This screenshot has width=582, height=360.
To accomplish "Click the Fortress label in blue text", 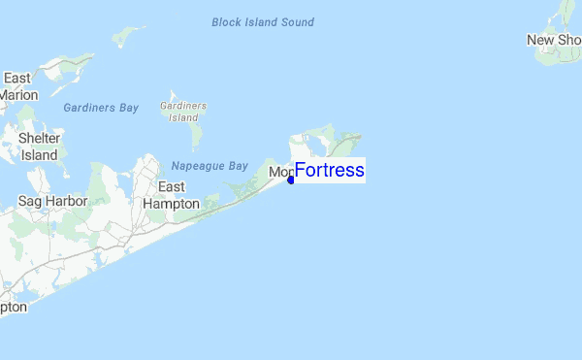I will point(329,171).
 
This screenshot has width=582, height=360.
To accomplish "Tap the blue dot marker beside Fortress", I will point(291,180).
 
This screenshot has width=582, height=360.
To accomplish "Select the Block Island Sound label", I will point(263,22).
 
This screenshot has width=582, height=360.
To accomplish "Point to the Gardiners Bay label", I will point(101,108).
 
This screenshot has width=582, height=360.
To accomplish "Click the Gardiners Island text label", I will point(183,112).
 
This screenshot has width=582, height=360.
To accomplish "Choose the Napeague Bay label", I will point(210,166).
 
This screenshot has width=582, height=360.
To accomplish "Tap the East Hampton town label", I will point(171,195).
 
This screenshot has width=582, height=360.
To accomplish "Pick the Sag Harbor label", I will point(53,201).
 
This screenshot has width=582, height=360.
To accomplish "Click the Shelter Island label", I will point(40,147).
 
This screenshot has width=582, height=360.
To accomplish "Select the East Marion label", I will point(19,86).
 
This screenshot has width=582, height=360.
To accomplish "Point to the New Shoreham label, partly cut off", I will point(554,40).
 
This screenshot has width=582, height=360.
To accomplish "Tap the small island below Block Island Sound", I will point(127,37).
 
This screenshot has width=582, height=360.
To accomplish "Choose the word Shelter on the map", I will point(40,139).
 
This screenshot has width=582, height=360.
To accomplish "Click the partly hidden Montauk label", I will point(279,173).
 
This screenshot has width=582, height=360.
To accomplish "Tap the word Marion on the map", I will point(19,95).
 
